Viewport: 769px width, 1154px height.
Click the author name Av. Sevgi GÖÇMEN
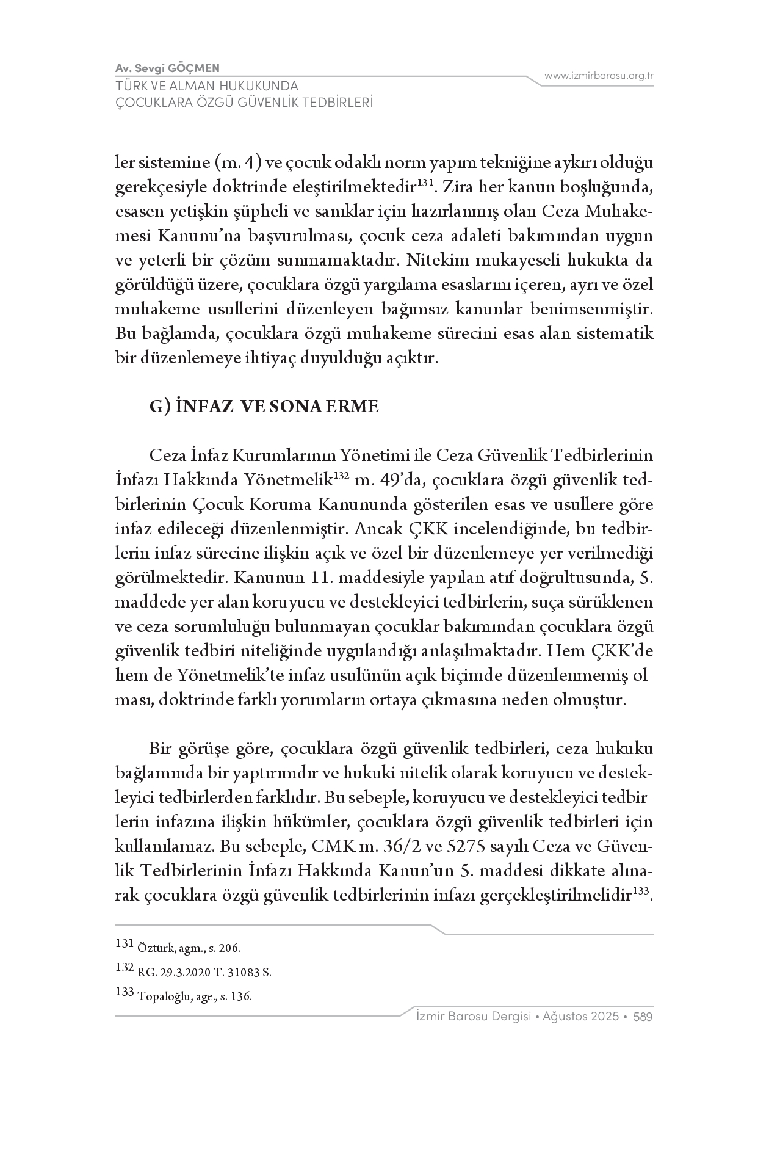[167, 68]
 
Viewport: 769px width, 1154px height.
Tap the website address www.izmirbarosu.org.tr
[599, 76]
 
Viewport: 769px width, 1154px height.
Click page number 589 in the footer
[643, 1017]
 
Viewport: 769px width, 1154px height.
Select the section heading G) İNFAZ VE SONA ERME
[264, 407]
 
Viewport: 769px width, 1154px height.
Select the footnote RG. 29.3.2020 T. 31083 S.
[204, 973]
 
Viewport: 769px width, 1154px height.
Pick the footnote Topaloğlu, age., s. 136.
[195, 996]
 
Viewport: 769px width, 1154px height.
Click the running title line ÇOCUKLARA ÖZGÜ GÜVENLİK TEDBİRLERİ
[244, 102]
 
